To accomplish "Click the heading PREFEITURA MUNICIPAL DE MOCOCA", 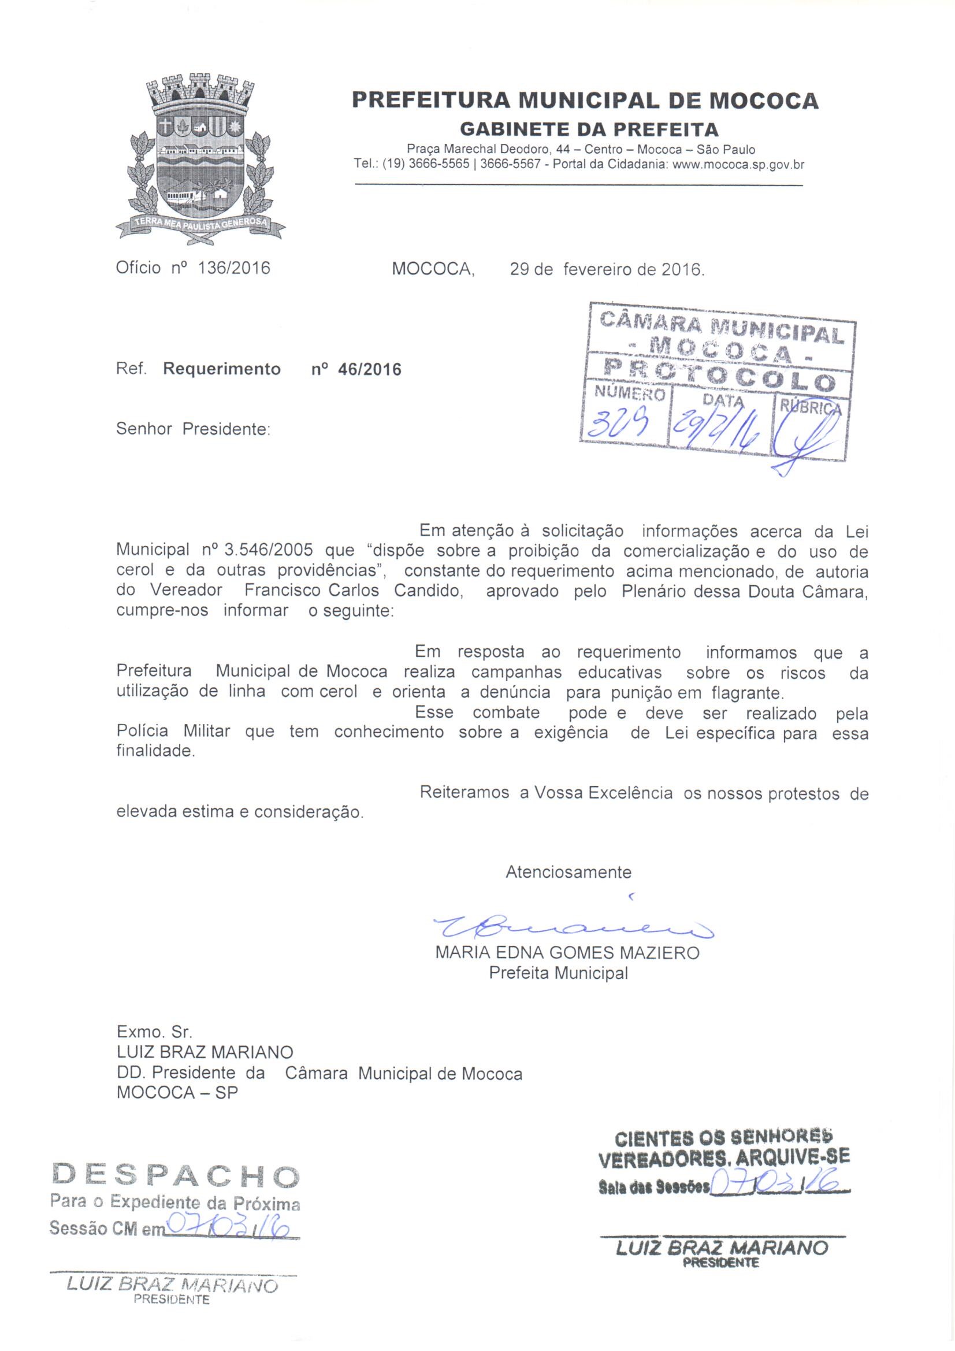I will (585, 101).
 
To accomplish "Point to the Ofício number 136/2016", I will (234, 268).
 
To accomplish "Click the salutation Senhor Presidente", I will (192, 429).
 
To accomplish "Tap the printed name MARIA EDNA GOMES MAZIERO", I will (567, 953).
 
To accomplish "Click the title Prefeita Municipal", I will (559, 973).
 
